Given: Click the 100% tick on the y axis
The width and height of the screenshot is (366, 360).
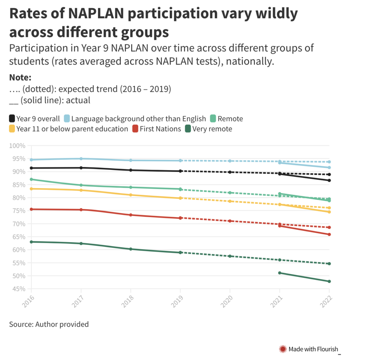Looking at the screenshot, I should [x=18, y=146].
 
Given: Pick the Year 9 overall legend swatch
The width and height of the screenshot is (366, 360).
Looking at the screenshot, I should [x=12, y=119].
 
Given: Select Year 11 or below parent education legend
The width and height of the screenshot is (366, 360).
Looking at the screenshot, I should [x=68, y=129].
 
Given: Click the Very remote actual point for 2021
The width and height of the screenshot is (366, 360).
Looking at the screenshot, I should [x=280, y=273].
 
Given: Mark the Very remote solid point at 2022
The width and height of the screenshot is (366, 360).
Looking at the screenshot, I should [x=329, y=281].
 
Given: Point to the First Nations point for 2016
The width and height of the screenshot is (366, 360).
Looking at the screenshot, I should [x=31, y=209].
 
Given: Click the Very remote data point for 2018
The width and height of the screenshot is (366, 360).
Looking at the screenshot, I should [x=131, y=249].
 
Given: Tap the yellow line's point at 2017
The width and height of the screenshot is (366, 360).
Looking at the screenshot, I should [x=81, y=190].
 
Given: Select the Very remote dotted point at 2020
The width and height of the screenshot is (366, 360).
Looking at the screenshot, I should [x=230, y=256].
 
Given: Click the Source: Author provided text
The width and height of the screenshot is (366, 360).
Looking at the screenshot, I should [x=49, y=324].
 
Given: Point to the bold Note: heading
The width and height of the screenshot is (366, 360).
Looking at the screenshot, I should [x=20, y=77].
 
